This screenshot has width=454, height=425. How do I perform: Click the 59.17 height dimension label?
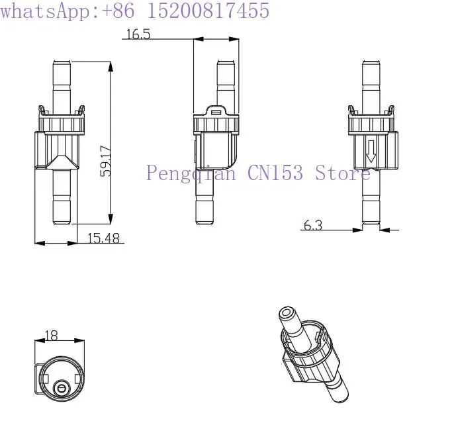[106, 161]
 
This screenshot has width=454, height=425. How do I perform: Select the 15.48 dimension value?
[103, 238]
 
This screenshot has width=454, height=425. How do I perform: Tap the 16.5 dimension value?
[138, 34]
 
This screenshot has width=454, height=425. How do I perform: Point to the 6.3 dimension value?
[313, 225]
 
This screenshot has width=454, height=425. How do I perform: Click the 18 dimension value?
[51, 336]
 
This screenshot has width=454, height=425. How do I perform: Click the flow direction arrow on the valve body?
[371, 151]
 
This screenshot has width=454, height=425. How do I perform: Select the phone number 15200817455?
[208, 11]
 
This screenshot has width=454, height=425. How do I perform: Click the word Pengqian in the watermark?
[191, 173]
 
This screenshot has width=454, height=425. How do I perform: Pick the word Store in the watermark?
[343, 172]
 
